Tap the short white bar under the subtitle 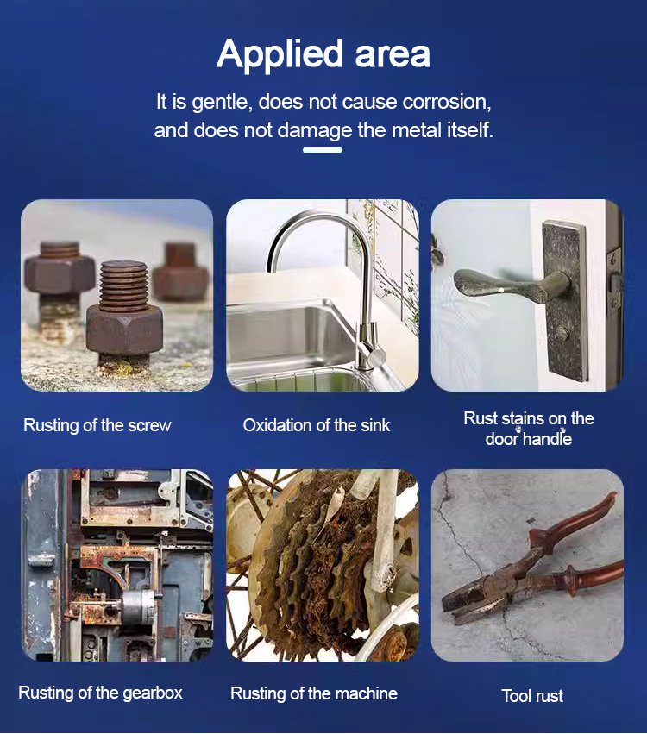[323, 150]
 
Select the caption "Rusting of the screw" [97, 425]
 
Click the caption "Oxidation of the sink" [317, 425]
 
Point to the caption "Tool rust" [532, 696]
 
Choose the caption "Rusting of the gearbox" [100, 693]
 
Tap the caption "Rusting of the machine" [314, 693]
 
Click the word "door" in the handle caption [502, 439]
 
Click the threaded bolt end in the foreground [123, 285]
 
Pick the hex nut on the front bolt [124, 331]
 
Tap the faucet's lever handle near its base [374, 354]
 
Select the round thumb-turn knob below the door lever [562, 334]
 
